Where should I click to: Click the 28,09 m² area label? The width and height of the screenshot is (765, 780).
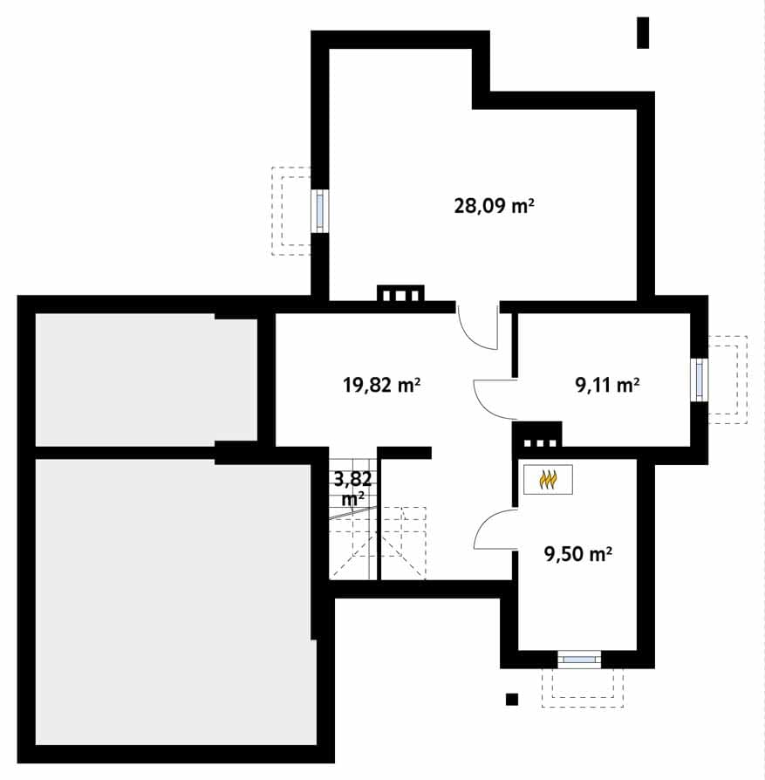[x=494, y=205]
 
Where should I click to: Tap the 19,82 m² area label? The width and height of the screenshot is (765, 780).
[x=382, y=385]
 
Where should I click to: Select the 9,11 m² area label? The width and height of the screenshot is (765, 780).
[x=607, y=385]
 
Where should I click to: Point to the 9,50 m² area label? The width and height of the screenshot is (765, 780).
[x=578, y=554]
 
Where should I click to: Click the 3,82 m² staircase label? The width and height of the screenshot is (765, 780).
[x=352, y=488]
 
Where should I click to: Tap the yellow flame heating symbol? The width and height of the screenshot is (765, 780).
[x=548, y=480]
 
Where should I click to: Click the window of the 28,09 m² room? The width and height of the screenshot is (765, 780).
[x=320, y=210]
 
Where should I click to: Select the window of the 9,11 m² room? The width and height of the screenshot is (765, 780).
[x=700, y=379]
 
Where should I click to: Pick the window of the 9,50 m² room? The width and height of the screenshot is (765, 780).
[x=579, y=660]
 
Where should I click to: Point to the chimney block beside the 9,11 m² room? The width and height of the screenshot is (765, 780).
[x=537, y=436]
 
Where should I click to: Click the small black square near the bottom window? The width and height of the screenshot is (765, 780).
[x=512, y=700]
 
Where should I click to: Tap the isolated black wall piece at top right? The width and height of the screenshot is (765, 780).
[x=643, y=33]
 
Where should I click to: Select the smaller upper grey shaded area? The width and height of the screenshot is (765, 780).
[x=147, y=380]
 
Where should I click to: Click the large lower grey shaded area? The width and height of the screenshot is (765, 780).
[x=175, y=602]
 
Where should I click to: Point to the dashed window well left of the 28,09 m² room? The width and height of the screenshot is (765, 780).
[x=291, y=211]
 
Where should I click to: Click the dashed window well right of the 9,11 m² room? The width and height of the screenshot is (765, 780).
[x=727, y=380]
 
